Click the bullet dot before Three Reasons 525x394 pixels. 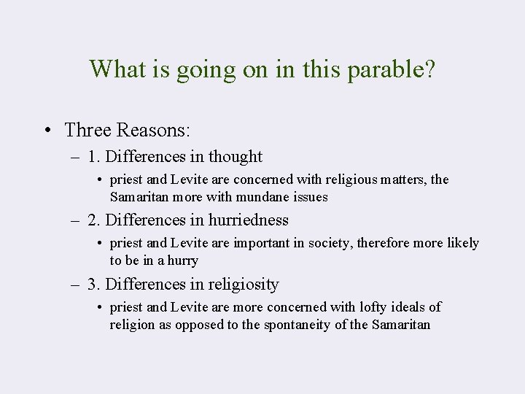(47, 131)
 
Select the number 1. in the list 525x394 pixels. (93, 156)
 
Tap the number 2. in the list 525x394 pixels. (93, 220)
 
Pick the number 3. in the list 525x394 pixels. (93, 284)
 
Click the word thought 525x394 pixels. (236, 156)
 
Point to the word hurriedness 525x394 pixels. (250, 220)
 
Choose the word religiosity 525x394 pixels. (245, 284)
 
